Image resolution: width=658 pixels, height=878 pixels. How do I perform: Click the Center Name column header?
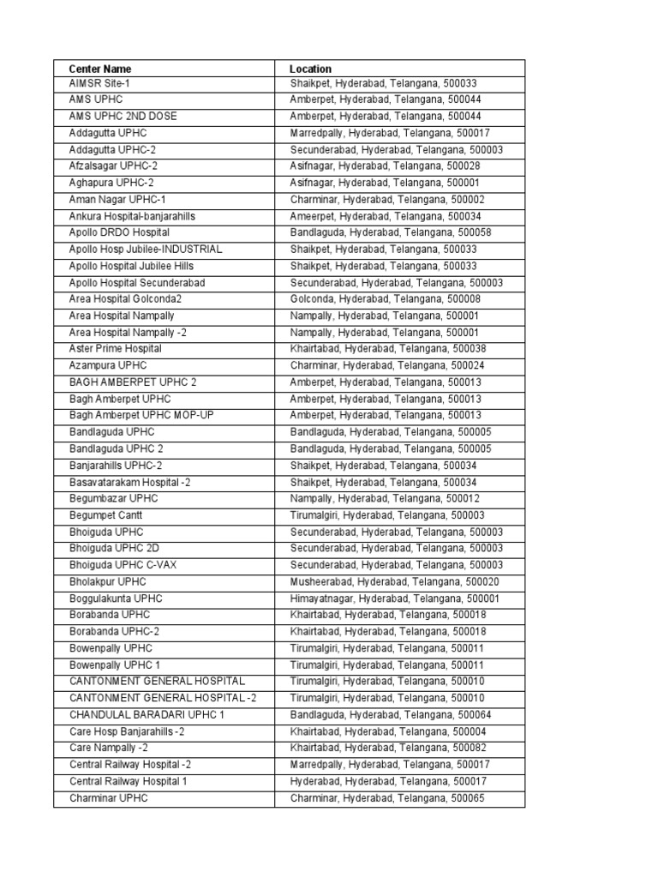coord(100,68)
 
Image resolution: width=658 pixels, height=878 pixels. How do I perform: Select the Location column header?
coord(311,68)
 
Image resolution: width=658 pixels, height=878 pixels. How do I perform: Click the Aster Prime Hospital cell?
coord(116,349)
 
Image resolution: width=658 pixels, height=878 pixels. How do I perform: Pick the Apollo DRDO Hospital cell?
coord(119,232)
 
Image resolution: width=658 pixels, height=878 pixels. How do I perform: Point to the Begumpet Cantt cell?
coord(106,515)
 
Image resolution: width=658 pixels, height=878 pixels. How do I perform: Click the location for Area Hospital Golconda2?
coord(385,299)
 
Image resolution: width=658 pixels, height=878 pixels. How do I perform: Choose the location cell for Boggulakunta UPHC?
coord(395,598)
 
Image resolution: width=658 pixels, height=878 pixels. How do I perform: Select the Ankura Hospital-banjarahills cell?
coord(132,216)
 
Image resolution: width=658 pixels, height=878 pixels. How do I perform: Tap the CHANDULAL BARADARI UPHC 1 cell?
coord(147,714)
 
